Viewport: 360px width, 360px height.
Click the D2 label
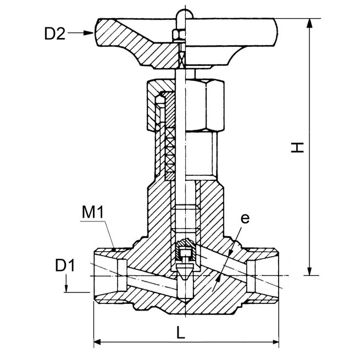tap(55, 34)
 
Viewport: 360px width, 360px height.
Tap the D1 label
tap(65, 265)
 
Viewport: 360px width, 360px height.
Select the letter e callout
tap(245, 219)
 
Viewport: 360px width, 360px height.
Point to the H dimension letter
tap(297, 147)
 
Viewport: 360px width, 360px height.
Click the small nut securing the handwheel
tap(178, 36)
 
